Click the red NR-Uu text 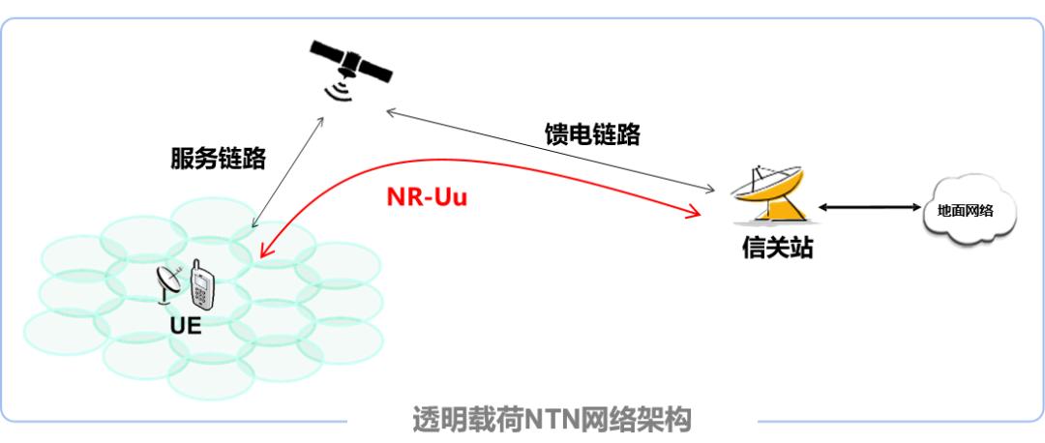click(427, 196)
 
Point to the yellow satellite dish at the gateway click(767, 194)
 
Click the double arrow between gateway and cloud click(868, 207)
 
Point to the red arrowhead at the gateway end click(694, 211)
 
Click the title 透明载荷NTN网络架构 click(552, 421)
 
